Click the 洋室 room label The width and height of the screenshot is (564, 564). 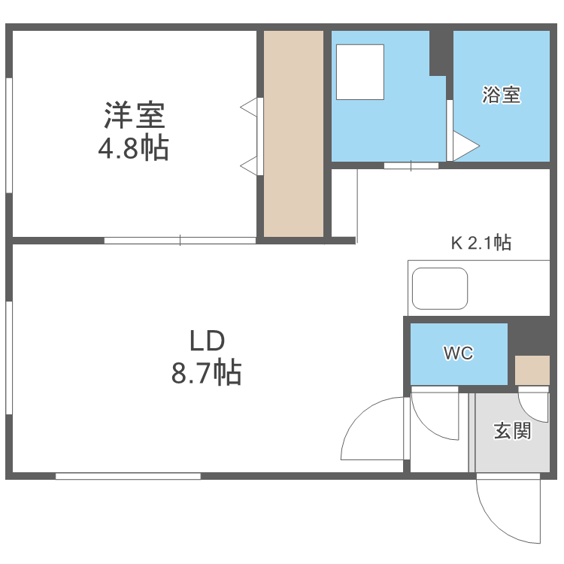tap(135, 116)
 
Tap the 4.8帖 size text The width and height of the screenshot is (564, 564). tap(133, 149)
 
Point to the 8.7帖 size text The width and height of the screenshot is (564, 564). tap(207, 372)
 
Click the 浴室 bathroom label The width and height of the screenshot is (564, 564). tap(502, 96)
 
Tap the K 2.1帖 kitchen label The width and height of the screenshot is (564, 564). tap(481, 243)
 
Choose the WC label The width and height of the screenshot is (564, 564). tap(458, 353)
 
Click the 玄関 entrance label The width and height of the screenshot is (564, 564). tap(512, 431)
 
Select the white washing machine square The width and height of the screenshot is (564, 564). tap(360, 71)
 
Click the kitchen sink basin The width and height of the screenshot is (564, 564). tap(440, 288)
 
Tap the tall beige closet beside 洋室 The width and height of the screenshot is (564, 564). tap(293, 133)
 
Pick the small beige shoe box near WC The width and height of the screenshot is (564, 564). tap(532, 369)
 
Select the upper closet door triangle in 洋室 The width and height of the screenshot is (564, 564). tap(250, 108)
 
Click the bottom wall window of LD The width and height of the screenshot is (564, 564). tap(128, 476)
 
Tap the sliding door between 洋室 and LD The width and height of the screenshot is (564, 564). tap(180, 241)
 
